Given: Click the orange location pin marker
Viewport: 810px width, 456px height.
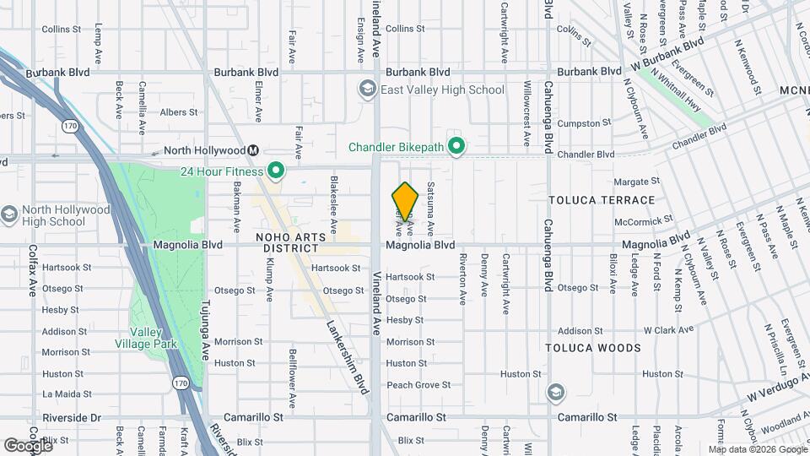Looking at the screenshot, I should point(405,203).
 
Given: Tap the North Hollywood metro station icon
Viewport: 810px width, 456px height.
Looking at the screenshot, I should point(252,151).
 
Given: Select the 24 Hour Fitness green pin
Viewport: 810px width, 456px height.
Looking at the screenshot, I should point(276,171).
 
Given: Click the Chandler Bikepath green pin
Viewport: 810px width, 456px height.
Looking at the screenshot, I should point(456,148).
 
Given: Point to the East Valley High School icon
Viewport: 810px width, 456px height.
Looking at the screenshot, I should point(367,90).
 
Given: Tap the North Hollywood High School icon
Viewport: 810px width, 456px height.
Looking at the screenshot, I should point(9,214).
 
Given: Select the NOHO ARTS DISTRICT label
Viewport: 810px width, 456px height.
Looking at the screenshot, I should point(288,243).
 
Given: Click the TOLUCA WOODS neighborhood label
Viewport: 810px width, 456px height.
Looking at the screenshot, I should point(604,348).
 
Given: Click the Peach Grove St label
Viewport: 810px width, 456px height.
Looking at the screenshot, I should point(418,385).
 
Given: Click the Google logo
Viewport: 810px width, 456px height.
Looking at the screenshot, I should point(28,445).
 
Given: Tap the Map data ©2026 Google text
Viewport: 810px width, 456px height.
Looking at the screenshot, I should point(757,449).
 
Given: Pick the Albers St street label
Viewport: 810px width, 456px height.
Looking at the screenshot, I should point(178,111).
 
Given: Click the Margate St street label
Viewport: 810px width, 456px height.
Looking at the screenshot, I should point(636,182).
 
